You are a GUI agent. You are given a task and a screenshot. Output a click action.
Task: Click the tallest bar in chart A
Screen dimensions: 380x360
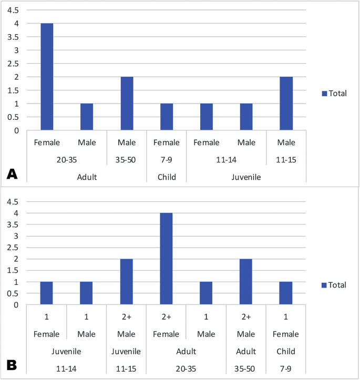[x=47, y=77]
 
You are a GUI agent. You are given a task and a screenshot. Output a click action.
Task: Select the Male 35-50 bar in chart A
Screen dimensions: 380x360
[x=127, y=104]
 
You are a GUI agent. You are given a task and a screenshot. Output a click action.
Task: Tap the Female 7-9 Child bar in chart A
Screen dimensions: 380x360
[x=167, y=117]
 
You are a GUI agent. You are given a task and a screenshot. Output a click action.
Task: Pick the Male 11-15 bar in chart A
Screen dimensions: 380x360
[x=286, y=104]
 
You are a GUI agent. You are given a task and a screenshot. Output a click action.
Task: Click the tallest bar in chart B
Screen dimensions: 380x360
[x=167, y=259]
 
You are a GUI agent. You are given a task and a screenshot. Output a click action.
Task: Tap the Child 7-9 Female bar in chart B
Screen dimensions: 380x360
[x=286, y=293]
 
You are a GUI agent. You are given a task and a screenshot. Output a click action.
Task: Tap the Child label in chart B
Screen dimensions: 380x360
[x=286, y=351]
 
